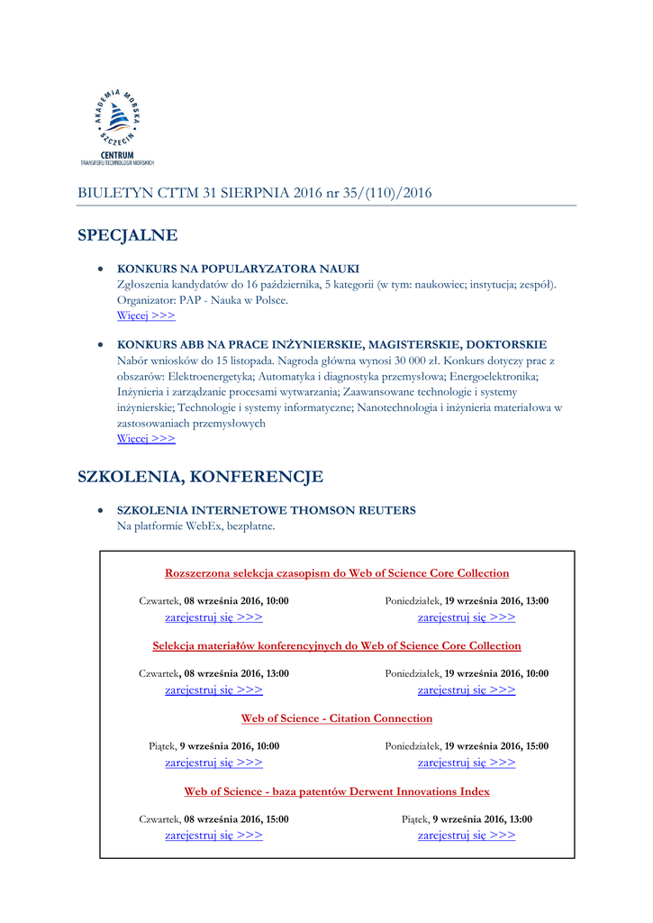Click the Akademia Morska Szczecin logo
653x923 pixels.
117,126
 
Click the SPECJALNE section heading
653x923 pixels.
127,235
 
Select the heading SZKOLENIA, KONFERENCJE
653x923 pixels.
200,476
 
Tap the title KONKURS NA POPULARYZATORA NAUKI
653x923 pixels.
238,269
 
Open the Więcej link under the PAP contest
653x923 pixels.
146,315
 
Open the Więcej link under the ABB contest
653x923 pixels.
146,438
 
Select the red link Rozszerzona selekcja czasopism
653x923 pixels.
337,573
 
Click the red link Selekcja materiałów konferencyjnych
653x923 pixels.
337,645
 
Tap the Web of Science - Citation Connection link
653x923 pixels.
337,718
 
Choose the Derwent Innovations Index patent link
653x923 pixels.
337,791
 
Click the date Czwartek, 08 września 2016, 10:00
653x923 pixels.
213,600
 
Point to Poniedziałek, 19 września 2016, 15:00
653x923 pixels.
467,746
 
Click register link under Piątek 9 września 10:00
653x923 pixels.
213,763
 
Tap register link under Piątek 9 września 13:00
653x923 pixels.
467,836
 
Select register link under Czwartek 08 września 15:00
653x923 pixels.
213,836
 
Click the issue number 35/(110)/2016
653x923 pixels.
388,193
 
